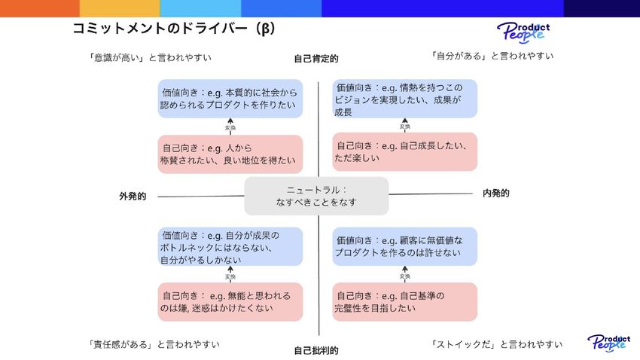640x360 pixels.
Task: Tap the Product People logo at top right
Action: pos(523,32)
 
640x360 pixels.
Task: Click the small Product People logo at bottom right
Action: pos(608,343)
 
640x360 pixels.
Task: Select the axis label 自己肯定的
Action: pos(316,58)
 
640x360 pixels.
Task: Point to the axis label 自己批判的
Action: pos(316,350)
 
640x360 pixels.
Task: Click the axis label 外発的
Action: pos(133,196)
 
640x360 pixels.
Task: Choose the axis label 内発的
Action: pos(495,194)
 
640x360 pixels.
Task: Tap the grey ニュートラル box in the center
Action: pos(316,196)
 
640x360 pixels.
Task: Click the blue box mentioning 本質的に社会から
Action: pos(230,99)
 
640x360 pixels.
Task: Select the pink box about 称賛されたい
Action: pos(230,154)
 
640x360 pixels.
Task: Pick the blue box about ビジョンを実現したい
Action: pos(405,99)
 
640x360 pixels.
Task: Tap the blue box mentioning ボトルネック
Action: pos(230,247)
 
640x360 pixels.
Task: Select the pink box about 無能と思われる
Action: pos(230,301)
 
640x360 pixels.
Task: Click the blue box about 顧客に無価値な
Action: pos(405,246)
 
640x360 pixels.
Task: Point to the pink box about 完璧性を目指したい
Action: pos(405,301)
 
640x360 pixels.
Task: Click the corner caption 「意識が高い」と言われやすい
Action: pos(150,57)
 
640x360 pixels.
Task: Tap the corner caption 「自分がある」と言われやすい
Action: pos(492,55)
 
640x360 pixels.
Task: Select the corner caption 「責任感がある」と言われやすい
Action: pos(154,344)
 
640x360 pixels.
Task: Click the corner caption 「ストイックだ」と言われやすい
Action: pos(497,344)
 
